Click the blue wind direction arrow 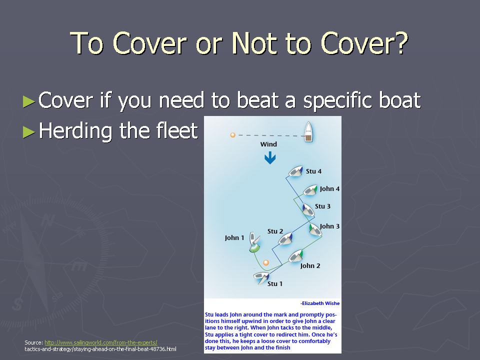[270, 158]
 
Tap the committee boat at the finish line [309, 131]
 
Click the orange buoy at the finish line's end [232, 135]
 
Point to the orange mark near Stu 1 [266, 262]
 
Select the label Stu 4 [314, 171]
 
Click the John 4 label [329, 189]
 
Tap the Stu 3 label [322, 206]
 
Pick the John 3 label [329, 226]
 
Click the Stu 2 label [275, 231]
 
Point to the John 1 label [234, 238]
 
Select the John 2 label [310, 265]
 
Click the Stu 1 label [275, 284]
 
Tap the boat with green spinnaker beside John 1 [254, 242]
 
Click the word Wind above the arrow [268, 144]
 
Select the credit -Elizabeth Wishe [320, 303]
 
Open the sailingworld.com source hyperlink [101, 342]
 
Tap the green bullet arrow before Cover [29, 101]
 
